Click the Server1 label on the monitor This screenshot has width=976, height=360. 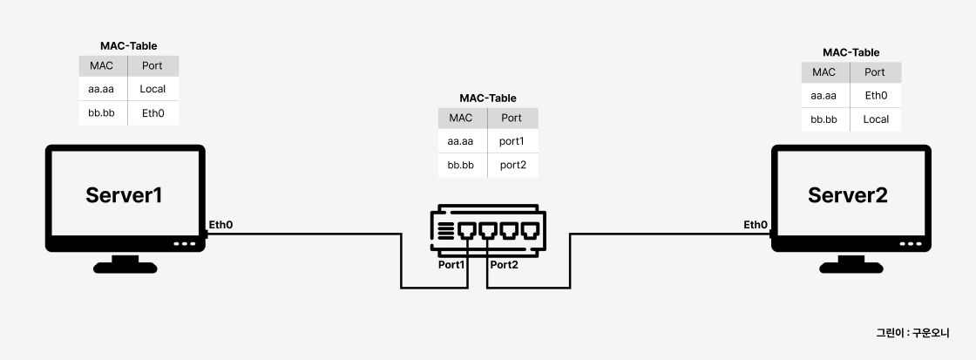(x=125, y=195)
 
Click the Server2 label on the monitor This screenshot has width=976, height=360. (x=848, y=195)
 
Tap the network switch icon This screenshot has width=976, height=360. (x=488, y=229)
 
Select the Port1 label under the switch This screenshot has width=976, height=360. (x=451, y=264)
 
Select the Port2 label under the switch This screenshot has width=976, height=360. (x=504, y=264)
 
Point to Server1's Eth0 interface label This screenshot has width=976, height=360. (x=220, y=225)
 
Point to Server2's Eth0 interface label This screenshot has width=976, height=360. (x=755, y=225)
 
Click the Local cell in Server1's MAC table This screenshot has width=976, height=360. (x=152, y=89)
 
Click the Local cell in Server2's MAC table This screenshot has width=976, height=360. (x=876, y=119)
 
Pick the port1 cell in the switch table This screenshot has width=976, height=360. (x=512, y=141)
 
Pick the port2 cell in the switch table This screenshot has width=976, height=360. (x=512, y=165)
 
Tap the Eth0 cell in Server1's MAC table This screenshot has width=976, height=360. (x=152, y=112)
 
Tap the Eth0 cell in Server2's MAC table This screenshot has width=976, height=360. (x=876, y=95)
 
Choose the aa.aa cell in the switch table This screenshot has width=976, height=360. (x=460, y=141)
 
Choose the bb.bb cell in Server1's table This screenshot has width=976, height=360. (x=102, y=112)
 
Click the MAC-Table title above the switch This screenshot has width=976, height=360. (x=488, y=98)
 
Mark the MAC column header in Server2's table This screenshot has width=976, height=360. (x=823, y=72)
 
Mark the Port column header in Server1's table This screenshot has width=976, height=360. (x=152, y=65)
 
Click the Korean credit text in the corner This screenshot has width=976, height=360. (x=912, y=333)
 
